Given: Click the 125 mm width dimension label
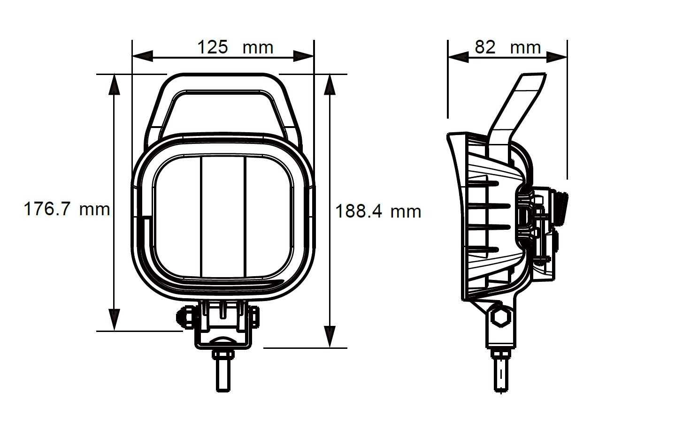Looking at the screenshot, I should click(234, 47).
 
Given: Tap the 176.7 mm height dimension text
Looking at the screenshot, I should click(67, 209).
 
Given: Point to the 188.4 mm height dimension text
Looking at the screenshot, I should click(378, 212).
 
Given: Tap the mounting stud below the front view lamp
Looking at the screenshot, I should click(223, 370).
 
